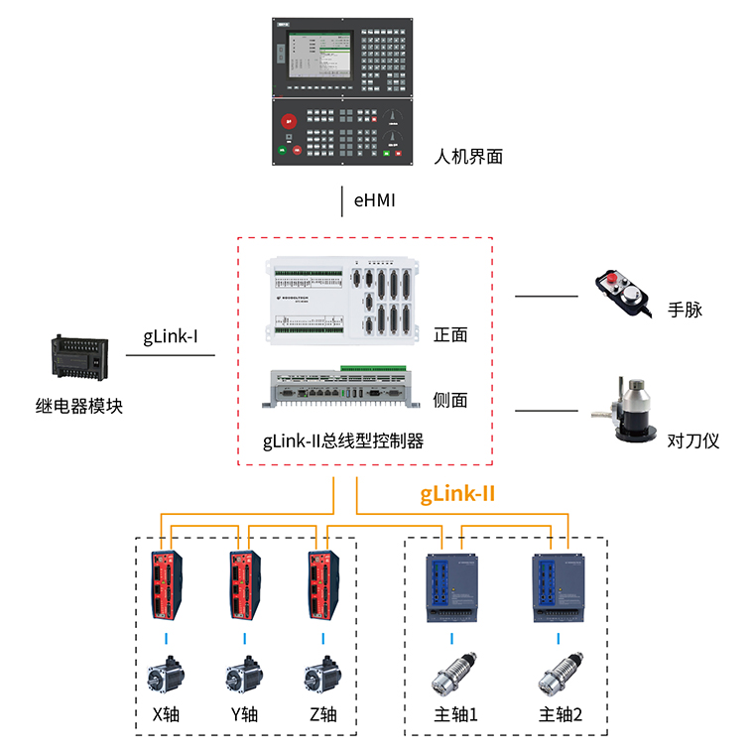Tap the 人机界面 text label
(x=468, y=156)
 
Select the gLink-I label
(x=171, y=336)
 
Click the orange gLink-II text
(x=457, y=493)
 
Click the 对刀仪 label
(x=693, y=440)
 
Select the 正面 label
(x=450, y=334)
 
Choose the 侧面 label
(x=450, y=400)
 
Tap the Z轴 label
(x=322, y=714)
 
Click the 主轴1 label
(x=456, y=714)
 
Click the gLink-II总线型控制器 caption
(x=343, y=440)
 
